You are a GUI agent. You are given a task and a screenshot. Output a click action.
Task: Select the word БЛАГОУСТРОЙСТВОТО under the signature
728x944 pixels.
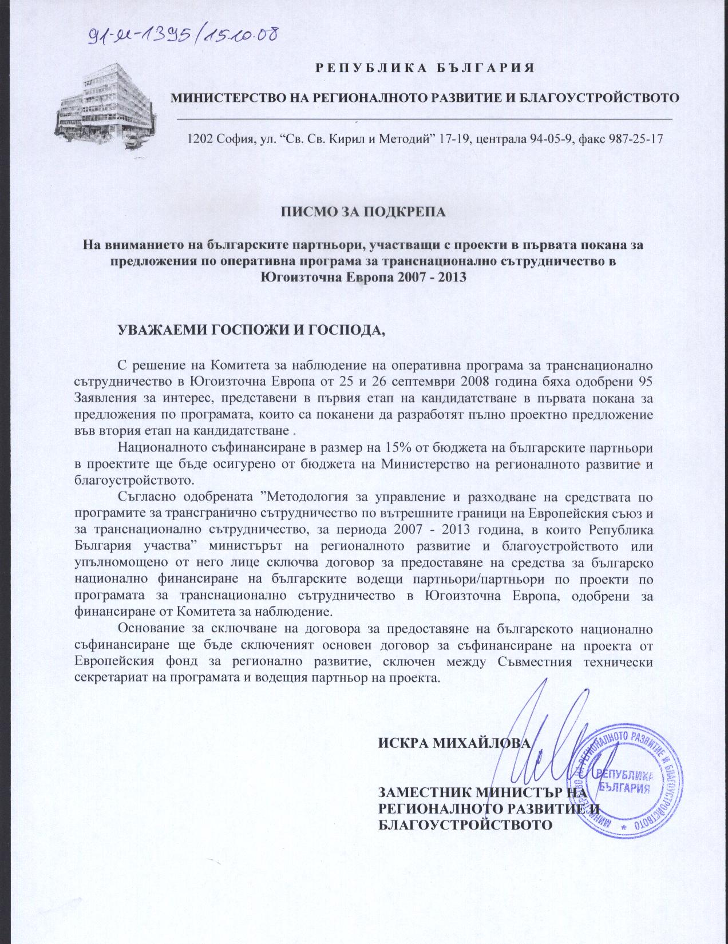(466, 824)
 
